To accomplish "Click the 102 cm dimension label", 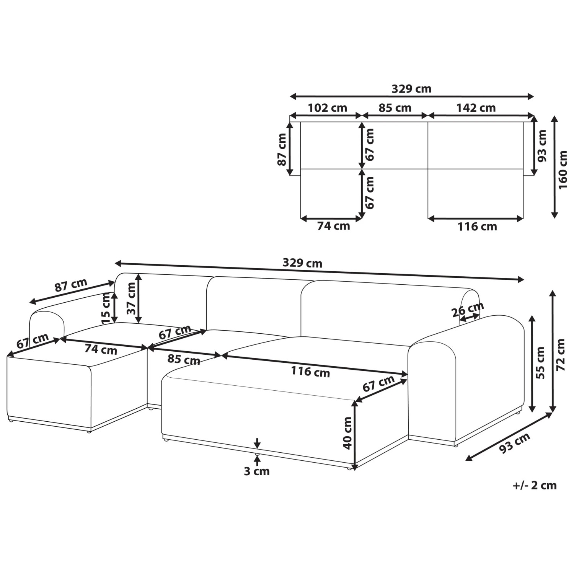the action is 328,108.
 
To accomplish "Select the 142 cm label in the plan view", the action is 476,108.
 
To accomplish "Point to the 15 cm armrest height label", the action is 106,307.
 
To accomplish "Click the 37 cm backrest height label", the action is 131,298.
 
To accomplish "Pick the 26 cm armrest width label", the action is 468,309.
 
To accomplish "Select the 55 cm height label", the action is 540,362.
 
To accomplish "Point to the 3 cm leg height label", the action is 257,471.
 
